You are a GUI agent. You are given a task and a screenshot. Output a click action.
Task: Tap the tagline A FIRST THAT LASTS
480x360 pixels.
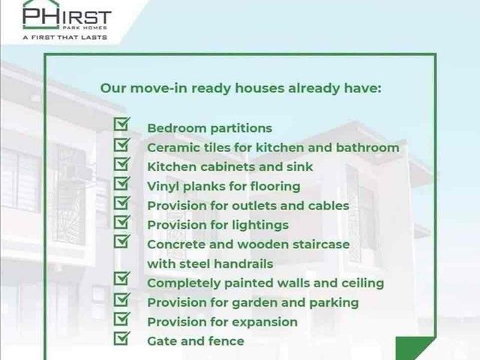[x=65, y=37]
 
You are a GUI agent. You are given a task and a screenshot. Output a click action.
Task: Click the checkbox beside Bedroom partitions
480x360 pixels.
[x=121, y=124]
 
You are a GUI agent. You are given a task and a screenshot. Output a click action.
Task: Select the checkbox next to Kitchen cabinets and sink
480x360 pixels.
[x=121, y=163]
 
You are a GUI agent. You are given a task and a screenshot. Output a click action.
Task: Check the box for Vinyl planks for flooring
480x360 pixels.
[x=121, y=183]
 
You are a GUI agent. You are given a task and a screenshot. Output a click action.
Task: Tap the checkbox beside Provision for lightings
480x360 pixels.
[x=121, y=222]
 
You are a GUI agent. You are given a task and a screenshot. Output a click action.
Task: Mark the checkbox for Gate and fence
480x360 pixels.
[x=121, y=338]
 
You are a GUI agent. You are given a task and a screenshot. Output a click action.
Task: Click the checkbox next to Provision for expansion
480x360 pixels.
[x=121, y=319]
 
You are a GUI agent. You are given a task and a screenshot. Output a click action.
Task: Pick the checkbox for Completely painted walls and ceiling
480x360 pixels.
[x=121, y=279]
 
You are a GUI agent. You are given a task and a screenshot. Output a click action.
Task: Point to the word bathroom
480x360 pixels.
[x=367, y=148]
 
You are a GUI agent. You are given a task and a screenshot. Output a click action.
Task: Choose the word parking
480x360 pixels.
[x=334, y=303]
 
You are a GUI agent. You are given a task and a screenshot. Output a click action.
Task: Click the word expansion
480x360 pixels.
[x=265, y=322]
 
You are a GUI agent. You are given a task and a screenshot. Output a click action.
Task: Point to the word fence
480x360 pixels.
[x=226, y=341]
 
